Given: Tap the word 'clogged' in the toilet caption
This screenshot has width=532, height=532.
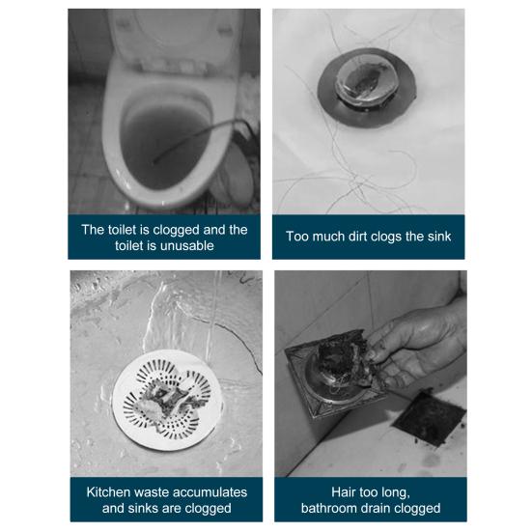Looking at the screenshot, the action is tap(176, 230).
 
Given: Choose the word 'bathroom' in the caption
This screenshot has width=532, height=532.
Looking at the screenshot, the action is tap(327, 508).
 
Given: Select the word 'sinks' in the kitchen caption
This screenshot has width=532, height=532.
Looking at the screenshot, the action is tap(140, 508).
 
